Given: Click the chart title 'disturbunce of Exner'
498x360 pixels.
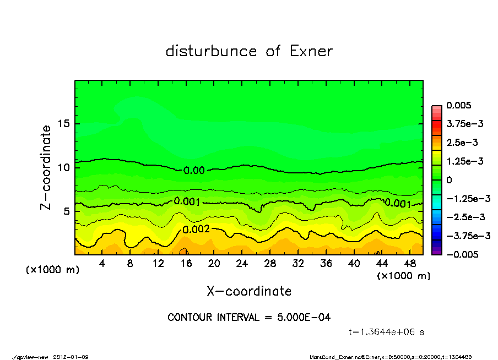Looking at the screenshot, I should pyautogui.click(x=249, y=52).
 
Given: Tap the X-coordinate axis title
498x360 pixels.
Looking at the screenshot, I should pyautogui.click(x=249, y=291).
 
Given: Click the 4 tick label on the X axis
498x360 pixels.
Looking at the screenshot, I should pyautogui.click(x=102, y=264).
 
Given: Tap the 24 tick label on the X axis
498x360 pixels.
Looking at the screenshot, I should pyautogui.click(x=242, y=264).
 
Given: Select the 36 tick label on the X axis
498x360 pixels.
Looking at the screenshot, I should pyautogui.click(x=326, y=264).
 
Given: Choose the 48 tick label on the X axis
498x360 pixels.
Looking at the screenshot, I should pyautogui.click(x=409, y=264).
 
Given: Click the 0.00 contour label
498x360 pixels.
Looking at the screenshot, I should pyautogui.click(x=194, y=171).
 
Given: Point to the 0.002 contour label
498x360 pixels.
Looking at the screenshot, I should pyautogui.click(x=196, y=229).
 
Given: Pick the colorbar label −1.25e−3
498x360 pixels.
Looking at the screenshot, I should pyautogui.click(x=468, y=198).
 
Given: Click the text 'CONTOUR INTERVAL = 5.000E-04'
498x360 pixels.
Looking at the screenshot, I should pyautogui.click(x=249, y=318).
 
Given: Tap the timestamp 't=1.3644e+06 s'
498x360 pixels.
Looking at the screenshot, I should pyautogui.click(x=386, y=332).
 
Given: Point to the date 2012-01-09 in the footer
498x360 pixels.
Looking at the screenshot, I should pyautogui.click(x=71, y=357).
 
